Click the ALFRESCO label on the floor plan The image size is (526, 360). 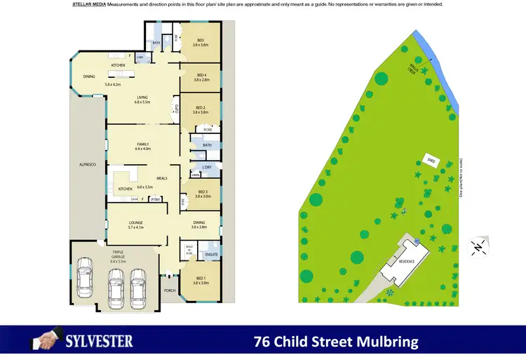coord(87,164)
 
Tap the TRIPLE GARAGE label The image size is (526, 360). coord(113,253)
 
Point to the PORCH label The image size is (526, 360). coord(169,290)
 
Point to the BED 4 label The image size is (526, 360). coord(201,77)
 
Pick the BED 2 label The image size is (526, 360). coord(201,109)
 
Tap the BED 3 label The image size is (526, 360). coord(203,194)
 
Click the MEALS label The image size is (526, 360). coord(162,178)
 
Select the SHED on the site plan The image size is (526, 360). coord(431,160)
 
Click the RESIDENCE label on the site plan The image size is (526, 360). coord(407,262)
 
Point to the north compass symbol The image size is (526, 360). coord(478,246)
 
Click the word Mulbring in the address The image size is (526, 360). coord(386,342)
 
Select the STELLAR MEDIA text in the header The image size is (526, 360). coord(89,4)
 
